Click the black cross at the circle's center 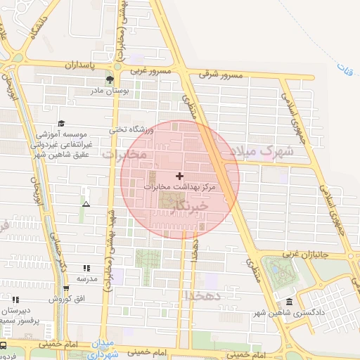(180, 175)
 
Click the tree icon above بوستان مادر (108, 79)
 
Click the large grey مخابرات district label (124, 153)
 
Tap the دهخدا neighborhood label (202, 296)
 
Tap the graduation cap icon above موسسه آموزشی (61, 122)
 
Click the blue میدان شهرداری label (103, 351)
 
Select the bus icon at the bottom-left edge (4, 346)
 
